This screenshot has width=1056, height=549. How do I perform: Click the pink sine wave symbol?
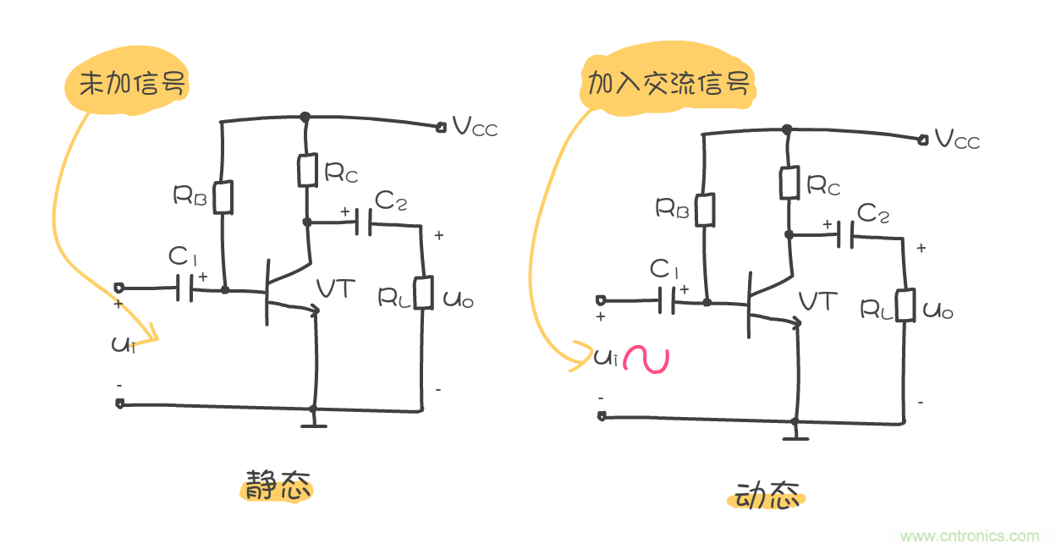[646, 360]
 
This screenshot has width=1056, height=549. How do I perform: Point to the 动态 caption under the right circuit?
[767, 497]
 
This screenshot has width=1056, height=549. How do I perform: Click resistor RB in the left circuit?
[223, 197]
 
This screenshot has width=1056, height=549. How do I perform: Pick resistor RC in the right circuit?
[789, 182]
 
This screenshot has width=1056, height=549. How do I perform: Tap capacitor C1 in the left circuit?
[185, 288]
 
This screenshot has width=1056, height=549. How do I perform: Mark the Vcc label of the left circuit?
[475, 127]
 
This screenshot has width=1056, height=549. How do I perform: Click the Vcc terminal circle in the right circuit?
[922, 140]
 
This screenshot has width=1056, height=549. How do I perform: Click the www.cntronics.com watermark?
[970, 535]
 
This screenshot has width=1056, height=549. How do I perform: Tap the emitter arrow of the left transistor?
[315, 311]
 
